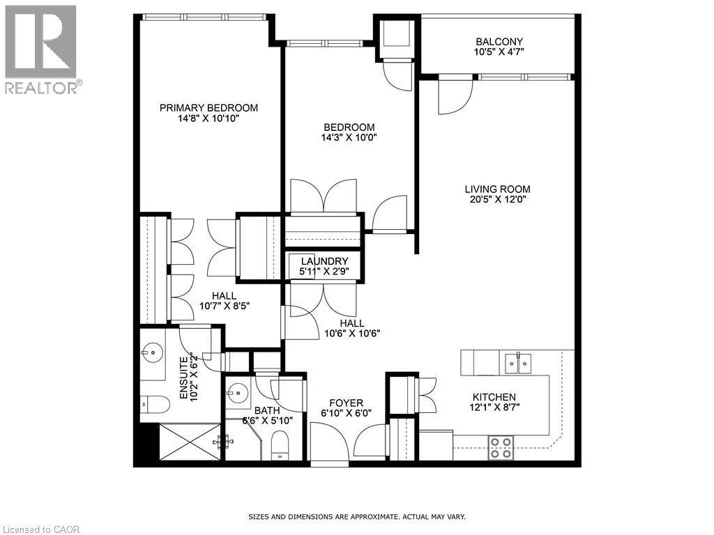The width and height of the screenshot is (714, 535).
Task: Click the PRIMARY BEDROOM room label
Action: tap(208, 108)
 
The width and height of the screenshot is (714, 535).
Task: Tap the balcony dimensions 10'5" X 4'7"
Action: tap(499, 52)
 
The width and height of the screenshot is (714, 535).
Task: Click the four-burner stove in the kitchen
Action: tap(500, 447)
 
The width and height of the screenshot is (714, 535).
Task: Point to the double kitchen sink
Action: tap(517, 362)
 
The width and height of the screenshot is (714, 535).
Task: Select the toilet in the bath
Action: tap(280, 444)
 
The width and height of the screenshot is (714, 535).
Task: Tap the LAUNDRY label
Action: tap(324, 261)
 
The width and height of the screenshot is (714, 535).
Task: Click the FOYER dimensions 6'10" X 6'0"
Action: tap(346, 412)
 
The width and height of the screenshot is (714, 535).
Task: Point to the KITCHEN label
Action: tap(497, 396)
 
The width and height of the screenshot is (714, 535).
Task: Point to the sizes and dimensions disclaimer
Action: tap(356, 517)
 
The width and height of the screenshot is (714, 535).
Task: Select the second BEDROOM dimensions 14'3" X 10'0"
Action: tap(349, 138)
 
